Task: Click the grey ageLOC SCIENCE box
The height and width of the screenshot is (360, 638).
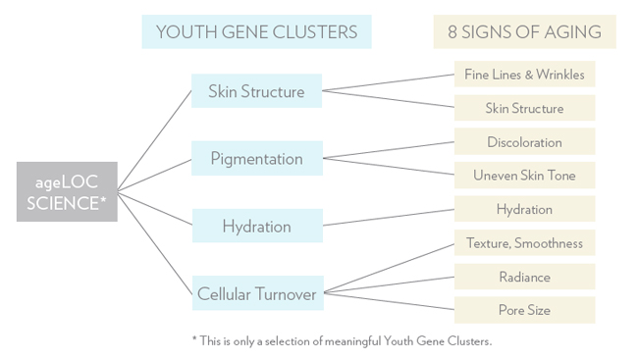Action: pos(67,190)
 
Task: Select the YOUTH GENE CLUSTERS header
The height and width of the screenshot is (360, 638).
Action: pos(256,31)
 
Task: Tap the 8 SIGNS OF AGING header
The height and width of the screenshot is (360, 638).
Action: pos(524,31)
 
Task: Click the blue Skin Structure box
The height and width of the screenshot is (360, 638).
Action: pos(256,91)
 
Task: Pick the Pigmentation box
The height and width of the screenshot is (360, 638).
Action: pos(256,158)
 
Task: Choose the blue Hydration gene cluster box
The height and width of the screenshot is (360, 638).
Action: pos(256,226)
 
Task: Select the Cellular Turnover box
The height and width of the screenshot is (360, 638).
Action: pos(256,292)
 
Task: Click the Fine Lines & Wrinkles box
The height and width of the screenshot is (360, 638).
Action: pos(524,75)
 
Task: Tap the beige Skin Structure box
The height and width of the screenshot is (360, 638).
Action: pos(524,108)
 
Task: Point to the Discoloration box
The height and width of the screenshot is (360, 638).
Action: pos(524,142)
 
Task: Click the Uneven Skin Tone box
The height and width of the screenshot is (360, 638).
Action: pos(524,176)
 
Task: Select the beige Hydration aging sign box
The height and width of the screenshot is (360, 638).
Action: pos(524,209)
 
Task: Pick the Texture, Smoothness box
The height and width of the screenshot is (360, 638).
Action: pos(524,243)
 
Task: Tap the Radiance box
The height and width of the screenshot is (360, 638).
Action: pos(524,277)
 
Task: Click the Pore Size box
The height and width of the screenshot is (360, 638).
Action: pos(524,310)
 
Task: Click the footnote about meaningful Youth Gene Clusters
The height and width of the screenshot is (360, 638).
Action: pos(341,340)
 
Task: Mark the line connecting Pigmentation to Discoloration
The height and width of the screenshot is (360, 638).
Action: pos(389,150)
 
